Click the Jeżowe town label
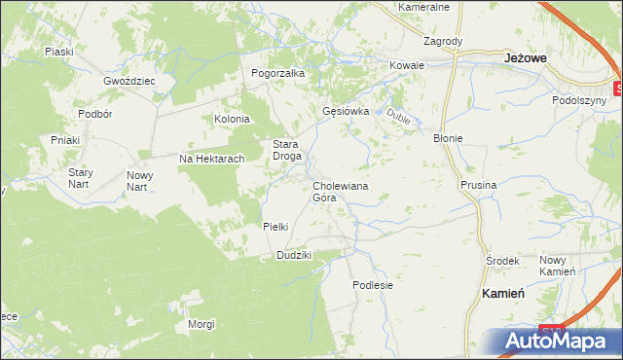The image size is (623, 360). pos(528,58)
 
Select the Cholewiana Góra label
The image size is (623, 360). pos(339,191)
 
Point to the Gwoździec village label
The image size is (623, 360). pos(129,81)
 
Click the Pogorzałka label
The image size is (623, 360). pos(278,73)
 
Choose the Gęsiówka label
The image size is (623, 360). pos(346,111)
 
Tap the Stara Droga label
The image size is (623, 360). pos(287,150)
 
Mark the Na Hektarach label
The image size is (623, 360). pos(210,159)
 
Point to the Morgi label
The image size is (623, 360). pos(202,324)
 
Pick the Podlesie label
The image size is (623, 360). pos(373,285)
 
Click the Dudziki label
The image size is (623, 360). pos(293,255)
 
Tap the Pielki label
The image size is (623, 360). pos(275,227)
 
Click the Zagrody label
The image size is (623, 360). pos(442,42)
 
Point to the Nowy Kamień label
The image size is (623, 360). pos(559,265)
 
